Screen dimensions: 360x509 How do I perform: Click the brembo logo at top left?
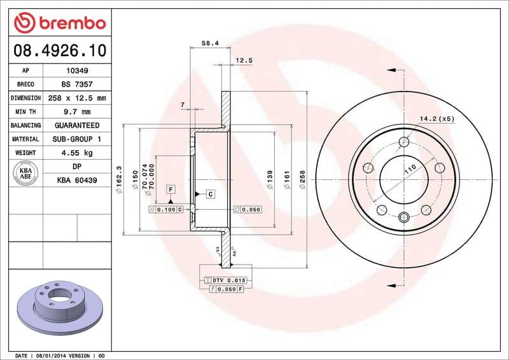pyautogui.click(x=60, y=23)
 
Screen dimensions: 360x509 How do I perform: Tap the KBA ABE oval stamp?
pyautogui.click(x=25, y=174)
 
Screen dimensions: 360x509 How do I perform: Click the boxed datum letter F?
pyautogui.click(x=171, y=189)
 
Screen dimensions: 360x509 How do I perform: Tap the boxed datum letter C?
pyautogui.click(x=209, y=193)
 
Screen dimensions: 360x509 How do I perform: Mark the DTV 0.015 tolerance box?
pyautogui.click(x=227, y=280)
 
